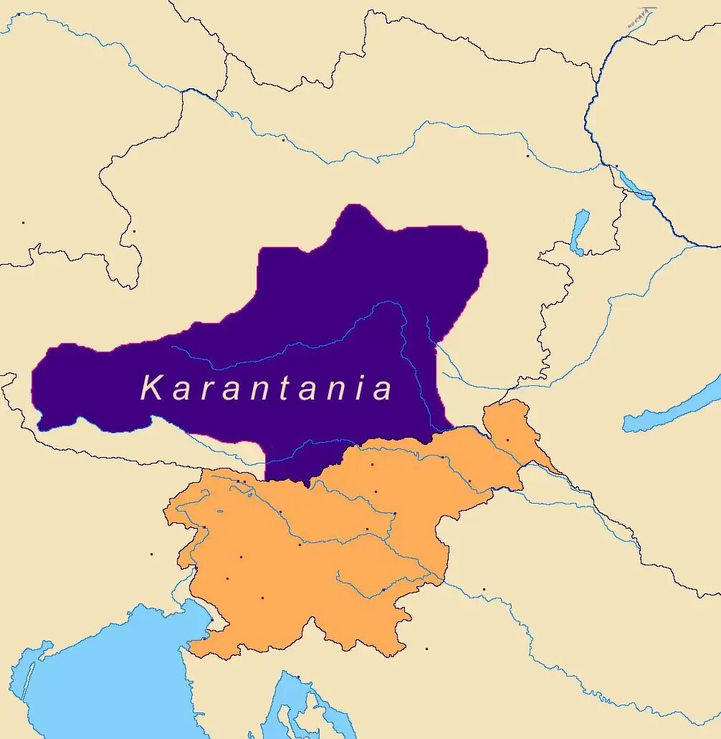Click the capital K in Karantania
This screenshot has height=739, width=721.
tap(152, 388)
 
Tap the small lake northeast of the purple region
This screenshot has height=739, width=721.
tap(579, 231)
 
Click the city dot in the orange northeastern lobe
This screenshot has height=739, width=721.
tap(507, 440)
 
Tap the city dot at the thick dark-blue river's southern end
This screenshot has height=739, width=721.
tap(616, 166)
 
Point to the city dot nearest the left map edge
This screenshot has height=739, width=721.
tap(23, 222)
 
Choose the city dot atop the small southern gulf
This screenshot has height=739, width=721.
tap(298, 676)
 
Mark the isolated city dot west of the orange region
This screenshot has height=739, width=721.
tap(151, 554)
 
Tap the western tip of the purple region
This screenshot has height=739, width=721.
tap(34, 387)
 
